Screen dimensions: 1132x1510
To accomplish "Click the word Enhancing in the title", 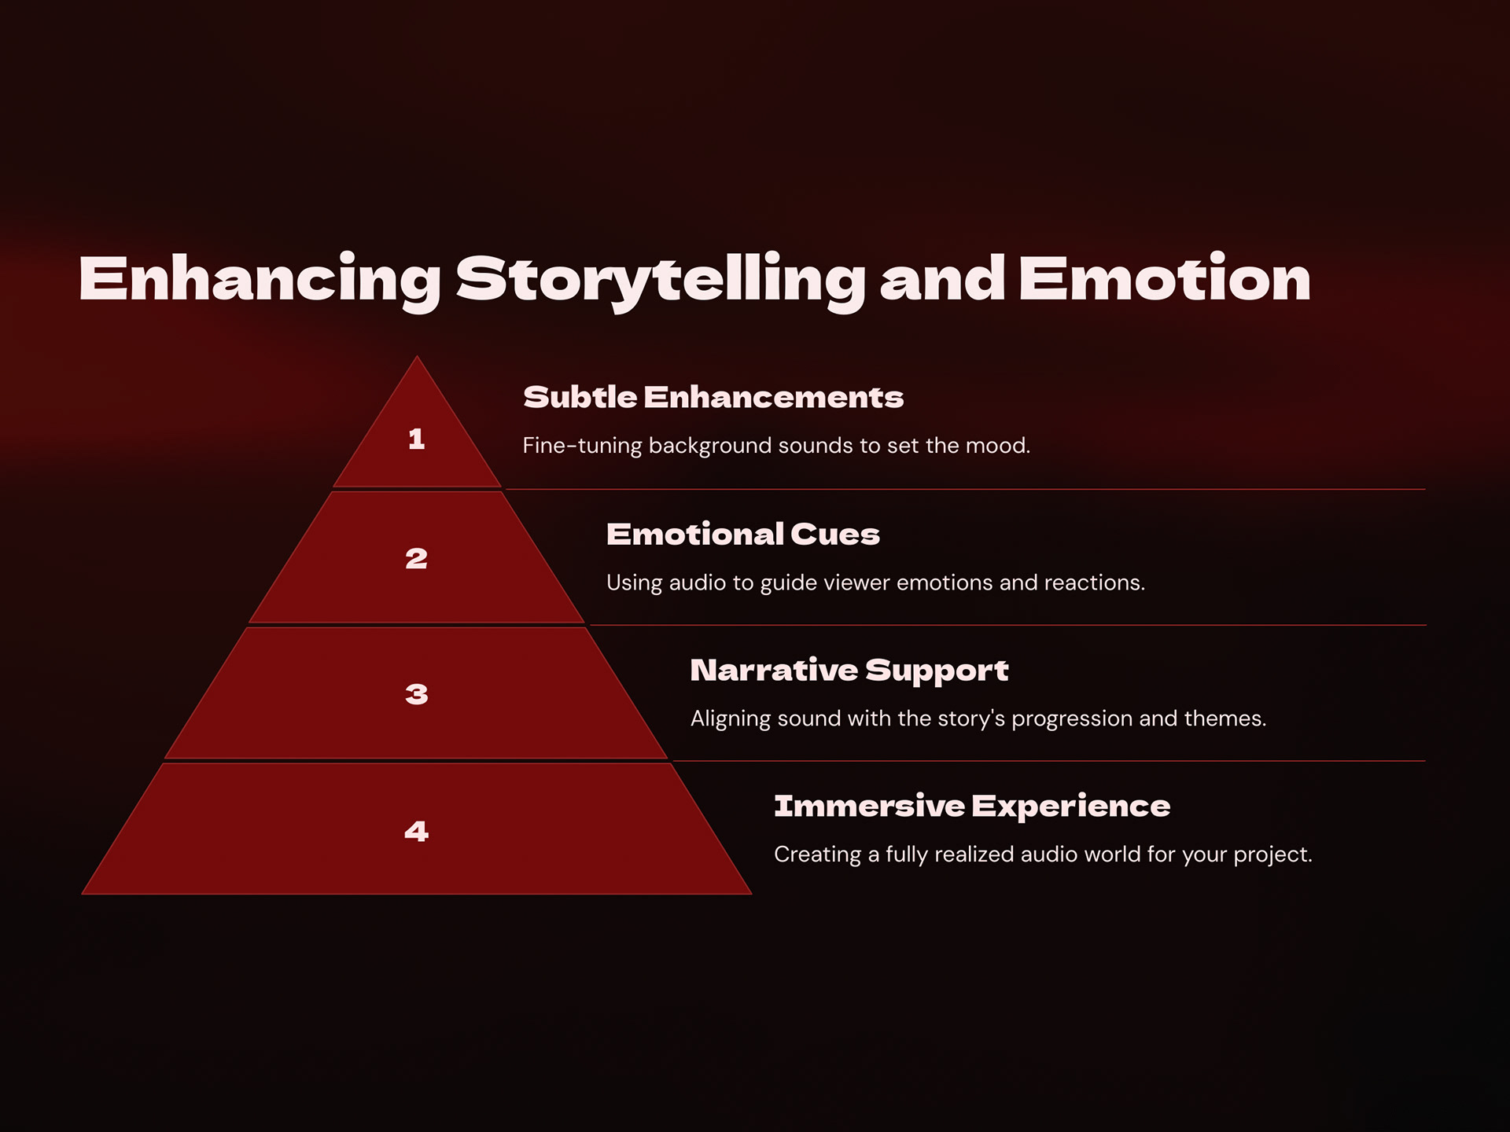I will tap(260, 280).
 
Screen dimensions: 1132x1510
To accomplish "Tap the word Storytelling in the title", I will tap(661, 280).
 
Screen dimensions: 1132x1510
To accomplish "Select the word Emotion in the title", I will tap(1164, 280).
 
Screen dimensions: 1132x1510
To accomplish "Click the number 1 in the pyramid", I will tap(417, 439).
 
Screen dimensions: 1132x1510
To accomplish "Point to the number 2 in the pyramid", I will tap(417, 559).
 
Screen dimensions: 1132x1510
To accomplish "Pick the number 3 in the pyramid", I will tap(417, 694).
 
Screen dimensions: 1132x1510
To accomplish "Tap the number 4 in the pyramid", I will tap(417, 831).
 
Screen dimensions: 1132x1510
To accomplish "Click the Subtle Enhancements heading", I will tap(713, 398).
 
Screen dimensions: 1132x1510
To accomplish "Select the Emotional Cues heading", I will tap(742, 535).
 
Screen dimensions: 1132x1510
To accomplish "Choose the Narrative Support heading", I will tap(849, 671).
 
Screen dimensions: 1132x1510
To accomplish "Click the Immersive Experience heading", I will tap(972, 807).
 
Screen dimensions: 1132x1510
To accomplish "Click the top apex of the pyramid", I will tap(417, 359).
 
